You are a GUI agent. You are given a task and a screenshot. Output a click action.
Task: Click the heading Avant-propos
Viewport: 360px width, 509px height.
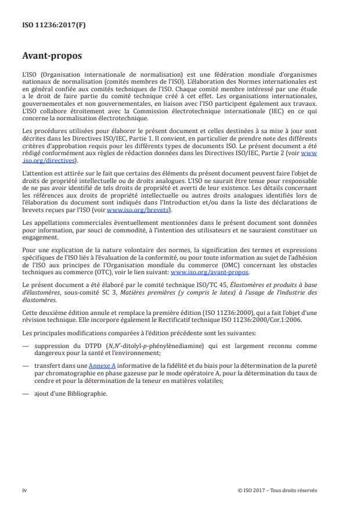pos(52,57)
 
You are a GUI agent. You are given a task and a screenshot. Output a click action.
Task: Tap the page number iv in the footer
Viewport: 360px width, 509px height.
pos(24,490)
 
